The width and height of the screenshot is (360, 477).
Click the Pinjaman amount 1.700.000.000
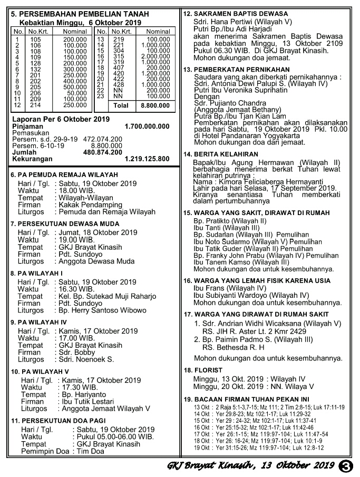[147, 127]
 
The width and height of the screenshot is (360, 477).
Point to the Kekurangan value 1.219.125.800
[147, 158]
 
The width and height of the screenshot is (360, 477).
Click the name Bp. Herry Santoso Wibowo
[101, 310]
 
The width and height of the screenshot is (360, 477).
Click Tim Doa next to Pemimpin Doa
[87, 452]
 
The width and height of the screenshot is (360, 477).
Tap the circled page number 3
[346, 465]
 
